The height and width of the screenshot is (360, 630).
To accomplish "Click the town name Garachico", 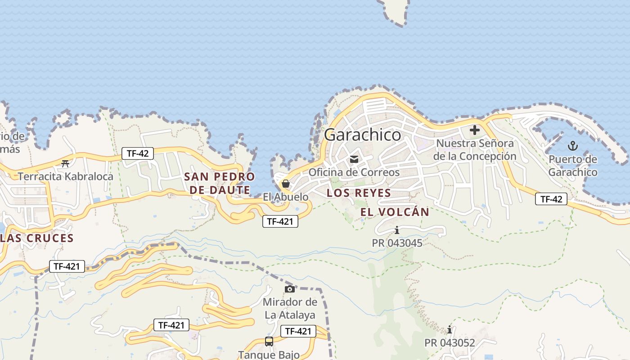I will [x=362, y=135].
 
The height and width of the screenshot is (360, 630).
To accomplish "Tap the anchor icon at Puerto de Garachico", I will [x=572, y=146].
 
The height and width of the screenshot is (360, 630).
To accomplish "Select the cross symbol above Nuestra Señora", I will [x=474, y=130].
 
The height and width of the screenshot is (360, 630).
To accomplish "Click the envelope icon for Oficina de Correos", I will [x=354, y=159].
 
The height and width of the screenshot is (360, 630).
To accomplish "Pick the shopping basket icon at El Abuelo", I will [x=285, y=184].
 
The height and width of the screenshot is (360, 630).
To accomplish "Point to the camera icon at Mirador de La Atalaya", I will [x=290, y=289].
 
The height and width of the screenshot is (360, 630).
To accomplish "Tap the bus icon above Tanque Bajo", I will [x=269, y=342].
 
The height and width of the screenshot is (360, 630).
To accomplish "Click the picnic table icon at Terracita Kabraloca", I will [x=65, y=163].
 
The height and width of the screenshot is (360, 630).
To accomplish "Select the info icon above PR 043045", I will [x=396, y=230].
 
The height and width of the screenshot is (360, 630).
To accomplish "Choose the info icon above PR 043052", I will [x=449, y=330].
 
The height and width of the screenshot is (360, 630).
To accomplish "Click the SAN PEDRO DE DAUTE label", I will [x=220, y=183].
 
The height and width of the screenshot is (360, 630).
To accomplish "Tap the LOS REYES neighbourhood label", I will [x=359, y=193].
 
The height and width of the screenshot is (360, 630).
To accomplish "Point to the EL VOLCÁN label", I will [x=395, y=212].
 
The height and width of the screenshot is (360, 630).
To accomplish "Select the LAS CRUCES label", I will [x=37, y=238].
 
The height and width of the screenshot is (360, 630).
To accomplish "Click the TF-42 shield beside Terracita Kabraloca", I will [x=137, y=153].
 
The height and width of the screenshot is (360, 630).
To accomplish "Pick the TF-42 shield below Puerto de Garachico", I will [x=551, y=199].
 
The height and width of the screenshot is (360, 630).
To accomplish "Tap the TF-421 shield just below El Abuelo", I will [x=280, y=221].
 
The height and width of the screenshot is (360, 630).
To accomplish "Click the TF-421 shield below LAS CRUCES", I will [x=67, y=266].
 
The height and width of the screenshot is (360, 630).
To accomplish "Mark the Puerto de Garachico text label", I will [x=573, y=166].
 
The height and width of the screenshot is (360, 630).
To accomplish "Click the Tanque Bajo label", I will [x=269, y=355].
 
